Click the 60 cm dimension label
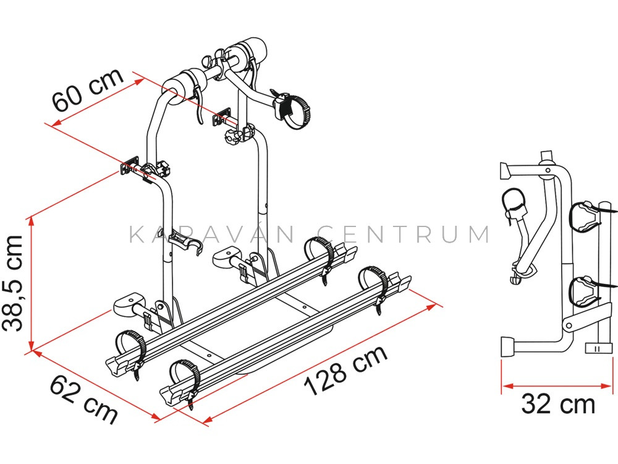tap(88, 90)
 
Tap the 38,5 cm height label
tap(12, 283)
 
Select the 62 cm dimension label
tap(84, 399)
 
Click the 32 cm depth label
tap(558, 405)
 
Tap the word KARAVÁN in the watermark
tap(211, 234)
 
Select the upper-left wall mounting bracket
tap(130, 167)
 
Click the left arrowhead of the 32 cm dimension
tap(507, 386)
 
